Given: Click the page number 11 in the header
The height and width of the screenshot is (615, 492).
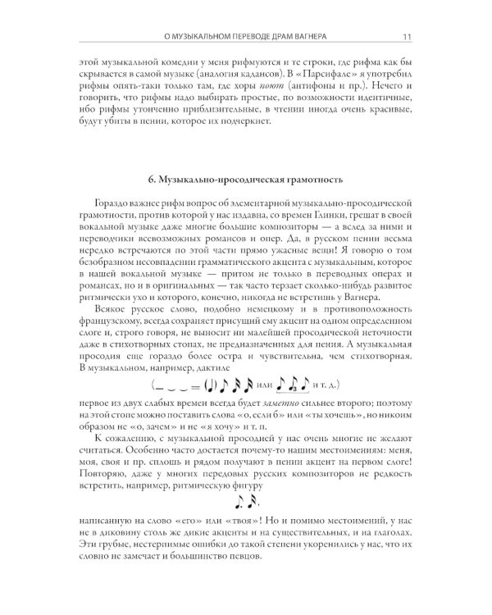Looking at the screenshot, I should (x=407, y=35).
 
